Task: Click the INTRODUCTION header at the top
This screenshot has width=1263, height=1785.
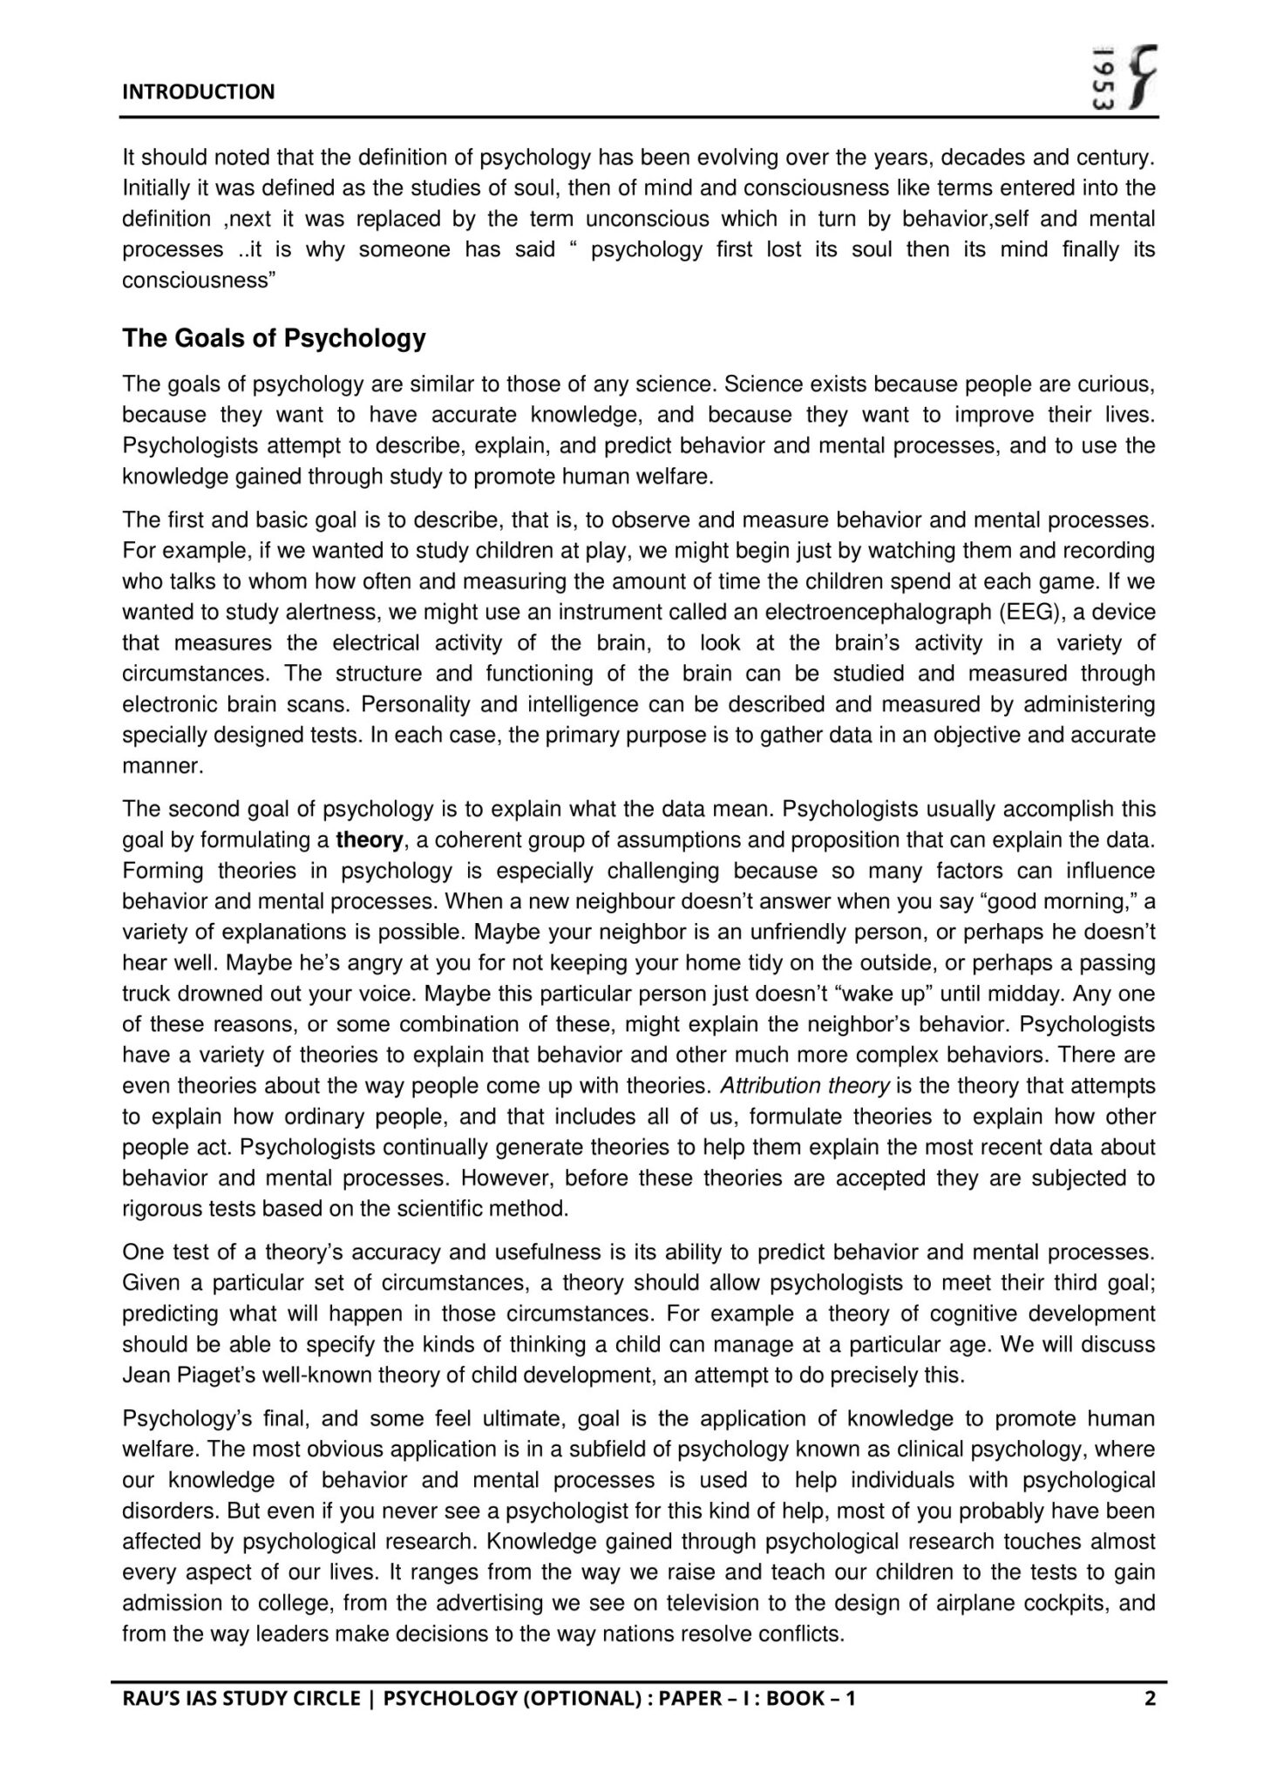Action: click(x=198, y=92)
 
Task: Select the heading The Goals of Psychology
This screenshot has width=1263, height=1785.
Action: click(x=274, y=338)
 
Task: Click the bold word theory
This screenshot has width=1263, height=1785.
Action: click(x=370, y=840)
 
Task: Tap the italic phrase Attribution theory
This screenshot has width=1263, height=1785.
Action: click(x=805, y=1086)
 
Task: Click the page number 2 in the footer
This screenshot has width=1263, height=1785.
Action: click(x=1149, y=1697)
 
